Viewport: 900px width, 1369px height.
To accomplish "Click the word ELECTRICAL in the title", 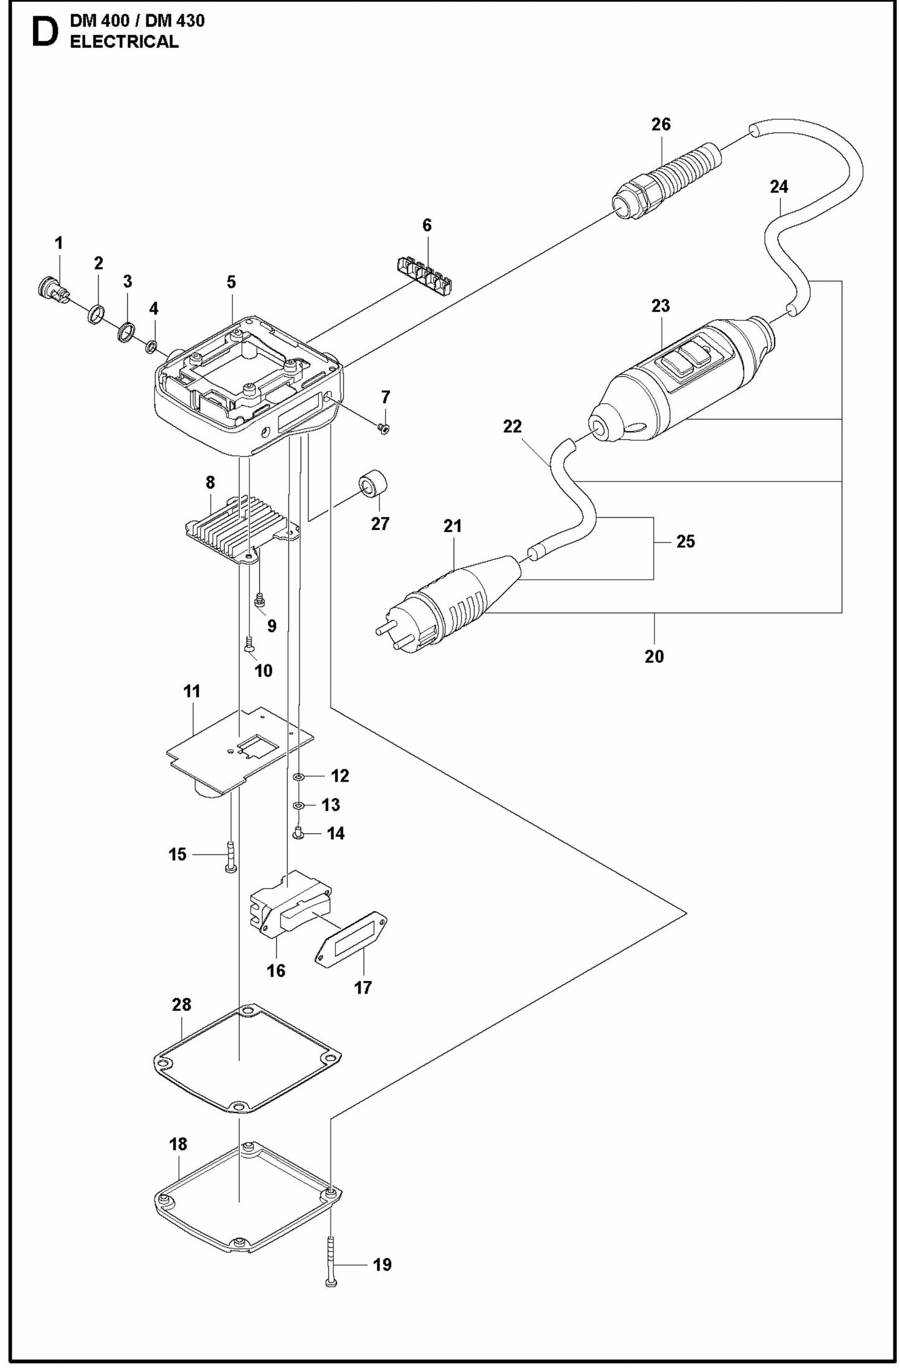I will pyautogui.click(x=124, y=42).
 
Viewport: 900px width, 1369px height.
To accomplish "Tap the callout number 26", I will pyautogui.click(x=661, y=124).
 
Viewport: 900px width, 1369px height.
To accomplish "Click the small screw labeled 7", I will pyautogui.click(x=384, y=428).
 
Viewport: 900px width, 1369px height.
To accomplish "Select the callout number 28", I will pyautogui.click(x=182, y=1005).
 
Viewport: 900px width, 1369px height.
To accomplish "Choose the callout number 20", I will pyautogui.click(x=654, y=656).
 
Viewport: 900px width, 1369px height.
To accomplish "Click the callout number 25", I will pyautogui.click(x=685, y=541).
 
